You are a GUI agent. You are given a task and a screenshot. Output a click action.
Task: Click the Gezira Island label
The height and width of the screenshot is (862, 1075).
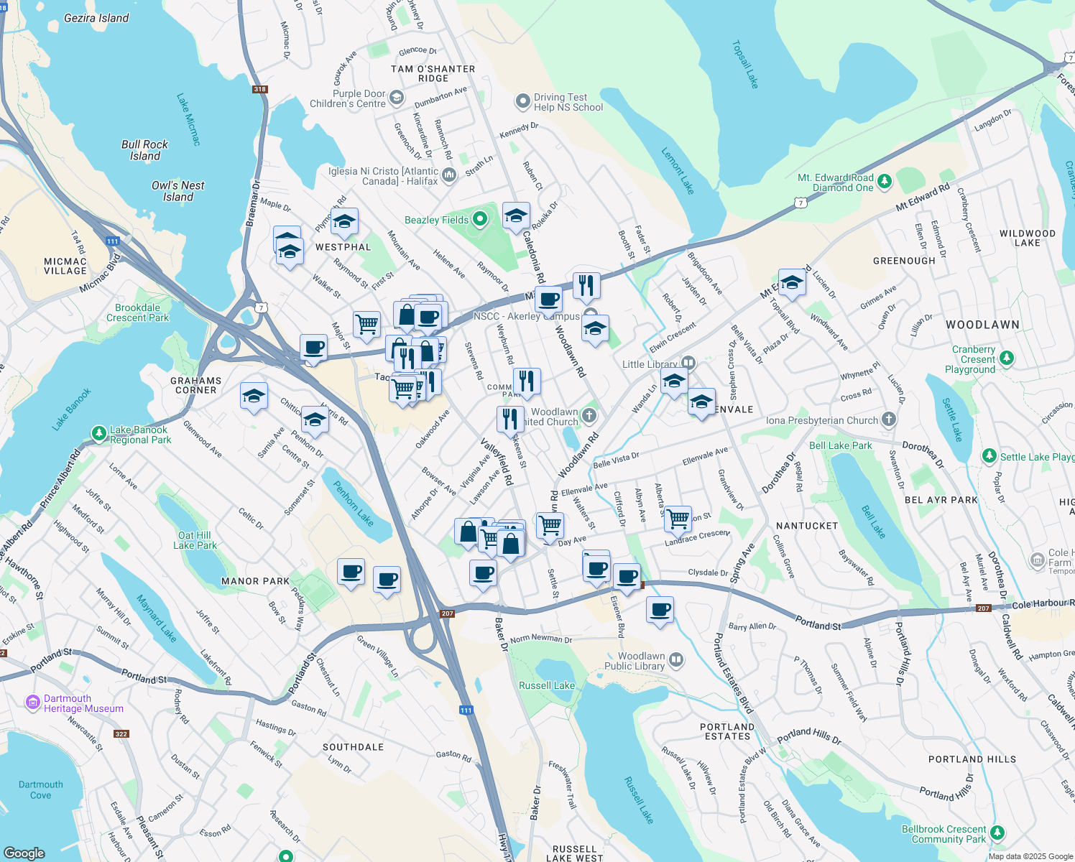pyautogui.click(x=96, y=18)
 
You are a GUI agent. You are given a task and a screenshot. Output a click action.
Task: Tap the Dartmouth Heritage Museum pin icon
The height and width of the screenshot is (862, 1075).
pyautogui.click(x=33, y=703)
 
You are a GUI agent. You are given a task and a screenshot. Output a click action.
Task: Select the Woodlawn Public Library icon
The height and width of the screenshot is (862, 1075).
pyautogui.click(x=675, y=659)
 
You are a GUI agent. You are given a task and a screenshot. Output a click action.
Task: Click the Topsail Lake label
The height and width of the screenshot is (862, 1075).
pyautogui.click(x=745, y=65)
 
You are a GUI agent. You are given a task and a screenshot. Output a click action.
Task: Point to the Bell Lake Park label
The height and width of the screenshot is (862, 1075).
pyautogui.click(x=840, y=445)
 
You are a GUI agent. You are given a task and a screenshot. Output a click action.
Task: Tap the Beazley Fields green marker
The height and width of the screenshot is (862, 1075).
pyautogui.click(x=481, y=218)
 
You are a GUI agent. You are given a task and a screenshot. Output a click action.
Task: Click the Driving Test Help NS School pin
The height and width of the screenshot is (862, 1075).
pyautogui.click(x=522, y=101)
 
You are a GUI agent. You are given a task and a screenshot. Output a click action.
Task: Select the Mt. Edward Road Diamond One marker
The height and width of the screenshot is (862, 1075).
pyautogui.click(x=885, y=180)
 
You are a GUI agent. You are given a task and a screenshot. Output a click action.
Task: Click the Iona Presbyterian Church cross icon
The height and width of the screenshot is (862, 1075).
pyautogui.click(x=889, y=420)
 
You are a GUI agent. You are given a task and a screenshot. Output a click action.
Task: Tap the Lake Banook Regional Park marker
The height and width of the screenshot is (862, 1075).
pyautogui.click(x=99, y=432)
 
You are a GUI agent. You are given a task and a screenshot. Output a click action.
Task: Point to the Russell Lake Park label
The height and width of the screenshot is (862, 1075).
pyautogui.click(x=547, y=685)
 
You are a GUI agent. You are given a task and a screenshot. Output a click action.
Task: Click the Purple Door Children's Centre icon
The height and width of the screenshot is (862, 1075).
pyautogui.click(x=397, y=98)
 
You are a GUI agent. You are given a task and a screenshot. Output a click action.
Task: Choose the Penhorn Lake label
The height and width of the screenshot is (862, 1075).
pyautogui.click(x=353, y=503)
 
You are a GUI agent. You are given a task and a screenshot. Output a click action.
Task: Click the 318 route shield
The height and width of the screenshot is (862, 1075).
pyautogui.click(x=259, y=89)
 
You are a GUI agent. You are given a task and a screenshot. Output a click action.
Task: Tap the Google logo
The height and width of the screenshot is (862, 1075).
pyautogui.click(x=24, y=853)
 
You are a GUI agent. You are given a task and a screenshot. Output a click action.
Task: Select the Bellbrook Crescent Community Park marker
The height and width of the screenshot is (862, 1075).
pyautogui.click(x=997, y=833)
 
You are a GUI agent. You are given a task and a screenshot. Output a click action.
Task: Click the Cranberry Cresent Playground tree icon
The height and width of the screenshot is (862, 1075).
pyautogui.click(x=1007, y=358)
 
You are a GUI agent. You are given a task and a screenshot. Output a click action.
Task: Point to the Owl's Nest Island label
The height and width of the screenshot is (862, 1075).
pyautogui.click(x=177, y=191)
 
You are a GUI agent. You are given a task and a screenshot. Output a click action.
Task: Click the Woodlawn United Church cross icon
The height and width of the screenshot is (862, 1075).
pyautogui.click(x=589, y=415)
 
